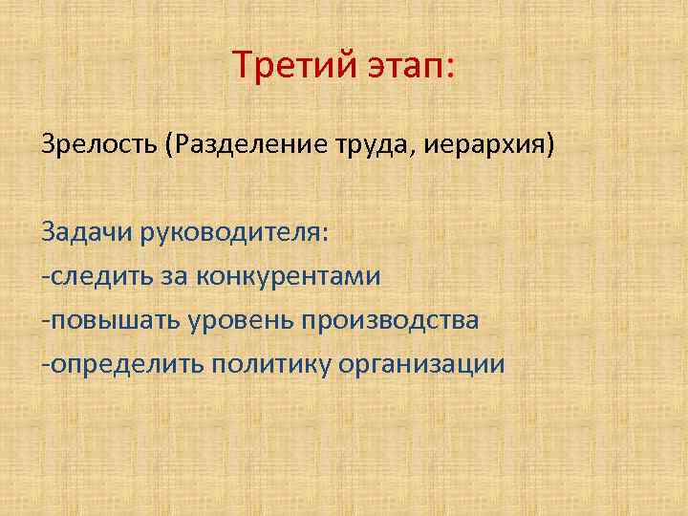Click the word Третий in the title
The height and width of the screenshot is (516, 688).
[288, 68]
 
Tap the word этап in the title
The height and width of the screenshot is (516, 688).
[398, 68]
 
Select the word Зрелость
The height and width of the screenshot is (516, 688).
[99, 149]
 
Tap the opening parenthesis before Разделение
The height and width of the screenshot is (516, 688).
[170, 149]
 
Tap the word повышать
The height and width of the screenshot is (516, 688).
[105, 320]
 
